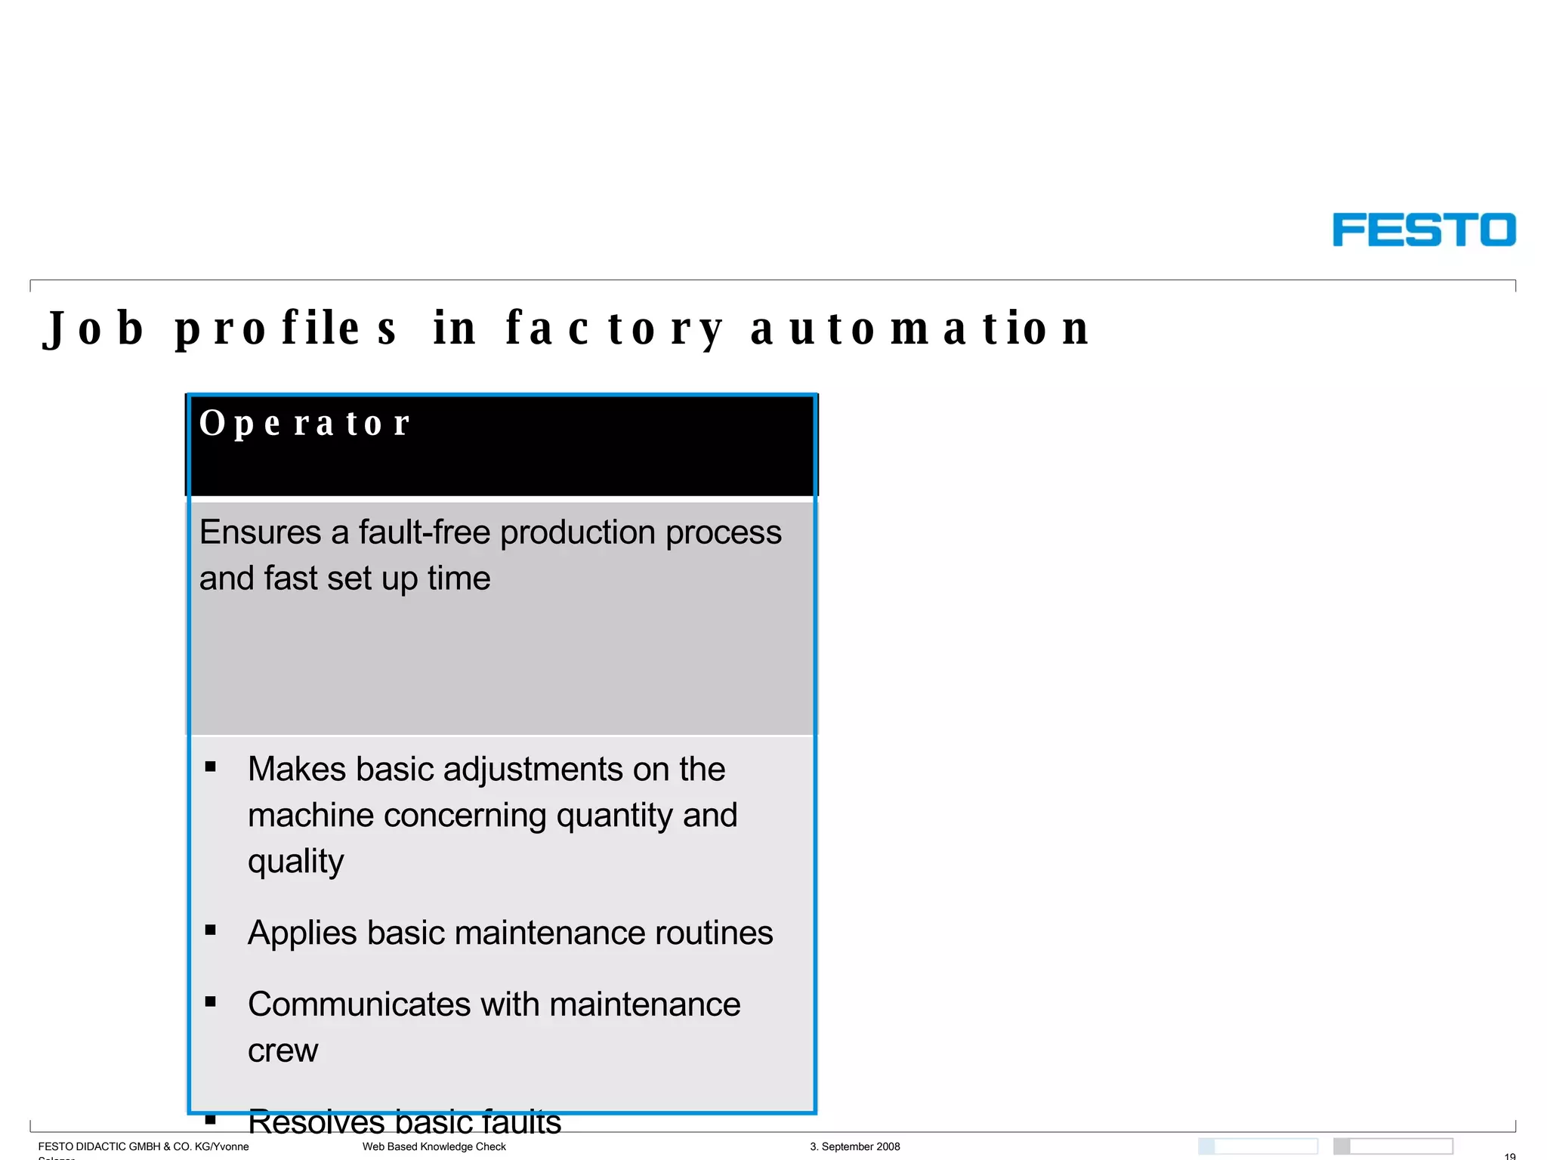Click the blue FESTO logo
(1423, 230)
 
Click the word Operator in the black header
(304, 423)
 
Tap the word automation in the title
(920, 329)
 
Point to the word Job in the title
(94, 329)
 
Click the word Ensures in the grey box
(260, 532)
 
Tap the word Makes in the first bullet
(297, 770)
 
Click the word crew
(283, 1051)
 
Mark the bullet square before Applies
(211, 930)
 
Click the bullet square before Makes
(211, 767)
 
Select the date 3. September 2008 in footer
(854, 1146)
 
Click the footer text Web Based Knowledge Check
(434, 1146)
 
